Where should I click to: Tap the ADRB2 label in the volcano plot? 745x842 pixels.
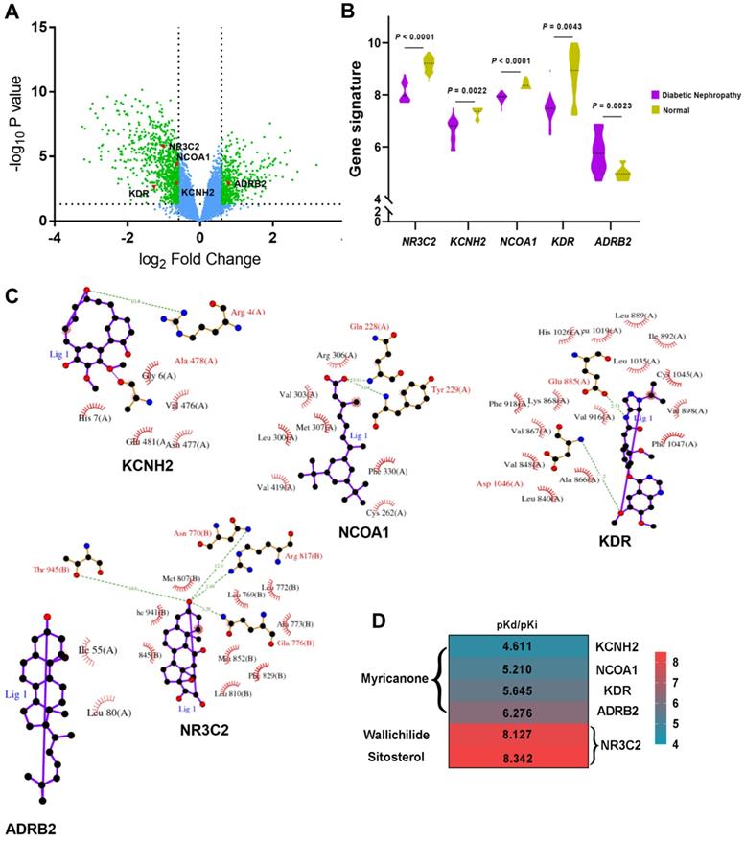[249, 182]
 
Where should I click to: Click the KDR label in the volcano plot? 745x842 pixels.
[140, 194]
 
